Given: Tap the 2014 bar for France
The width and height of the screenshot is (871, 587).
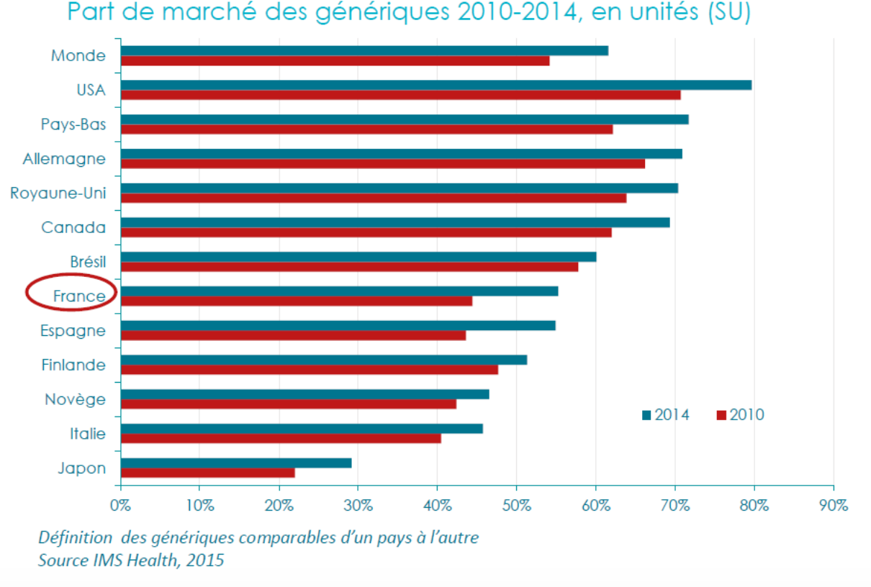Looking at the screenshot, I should point(339,291).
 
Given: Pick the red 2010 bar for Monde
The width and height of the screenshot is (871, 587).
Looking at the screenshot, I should point(335,60).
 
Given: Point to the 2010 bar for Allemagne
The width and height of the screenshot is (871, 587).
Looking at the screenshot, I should point(382,163).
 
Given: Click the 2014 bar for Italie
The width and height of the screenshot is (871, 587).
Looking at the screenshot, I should point(302,429).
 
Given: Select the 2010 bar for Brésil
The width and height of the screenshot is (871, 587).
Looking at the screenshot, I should point(349,267).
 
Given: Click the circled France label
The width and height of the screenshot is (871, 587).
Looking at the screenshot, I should point(78,296).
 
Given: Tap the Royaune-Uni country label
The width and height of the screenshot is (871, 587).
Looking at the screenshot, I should point(58,193).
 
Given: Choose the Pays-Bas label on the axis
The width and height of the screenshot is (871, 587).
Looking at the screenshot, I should point(73,124).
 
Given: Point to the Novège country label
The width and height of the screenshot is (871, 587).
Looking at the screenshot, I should point(75,399).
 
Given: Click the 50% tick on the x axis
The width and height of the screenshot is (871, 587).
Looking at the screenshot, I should point(516,505).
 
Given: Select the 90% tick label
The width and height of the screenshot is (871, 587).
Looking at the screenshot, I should point(833,505).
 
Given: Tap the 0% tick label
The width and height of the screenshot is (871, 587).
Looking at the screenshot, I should point(120,505).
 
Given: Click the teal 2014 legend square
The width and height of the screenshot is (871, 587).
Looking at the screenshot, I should point(646,415).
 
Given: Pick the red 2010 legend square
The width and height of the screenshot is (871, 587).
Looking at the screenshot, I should point(721,415).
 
